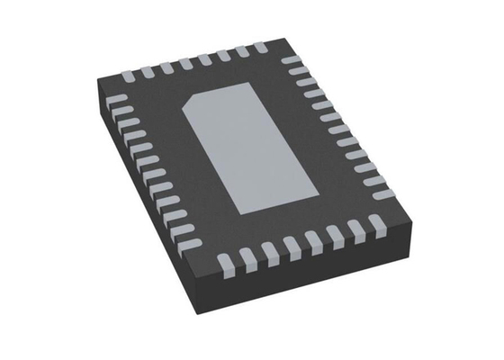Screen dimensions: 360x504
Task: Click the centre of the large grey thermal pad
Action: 253,148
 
